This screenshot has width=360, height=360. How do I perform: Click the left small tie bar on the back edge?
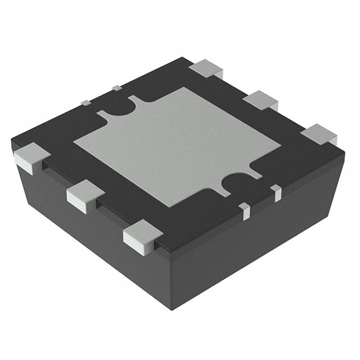coord(85,102)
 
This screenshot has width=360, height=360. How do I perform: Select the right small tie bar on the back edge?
coord(116,88)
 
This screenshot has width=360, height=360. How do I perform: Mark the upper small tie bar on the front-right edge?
coord(276,191)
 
